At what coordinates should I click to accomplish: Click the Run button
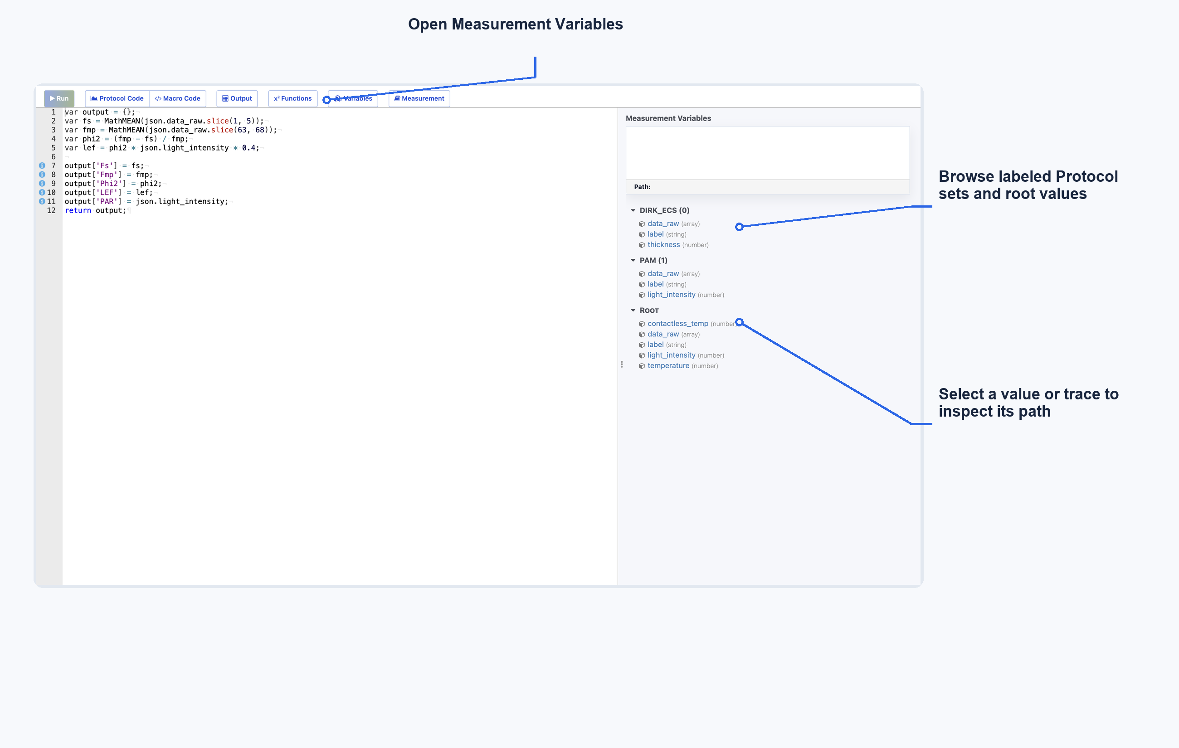point(59,98)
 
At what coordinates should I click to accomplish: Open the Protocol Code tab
point(117,98)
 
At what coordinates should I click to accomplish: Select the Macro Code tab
point(177,98)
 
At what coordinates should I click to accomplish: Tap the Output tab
point(237,98)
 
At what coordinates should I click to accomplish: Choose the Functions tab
point(293,98)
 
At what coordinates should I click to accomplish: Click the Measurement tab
point(419,98)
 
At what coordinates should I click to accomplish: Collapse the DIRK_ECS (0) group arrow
point(633,210)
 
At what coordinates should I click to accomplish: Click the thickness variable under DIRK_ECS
point(663,245)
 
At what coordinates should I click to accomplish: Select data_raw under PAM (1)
point(663,274)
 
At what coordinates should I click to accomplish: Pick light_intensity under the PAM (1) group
point(671,295)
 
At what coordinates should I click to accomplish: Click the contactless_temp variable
point(677,324)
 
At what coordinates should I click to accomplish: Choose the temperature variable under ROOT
point(668,366)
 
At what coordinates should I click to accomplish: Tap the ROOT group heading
point(649,311)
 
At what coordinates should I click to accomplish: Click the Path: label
point(643,186)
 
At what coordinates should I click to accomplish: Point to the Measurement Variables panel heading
point(668,118)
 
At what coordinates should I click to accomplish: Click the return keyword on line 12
point(78,210)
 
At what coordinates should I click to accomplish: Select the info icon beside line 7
point(42,165)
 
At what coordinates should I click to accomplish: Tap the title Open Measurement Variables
point(516,24)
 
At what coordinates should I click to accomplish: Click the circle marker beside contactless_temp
point(739,322)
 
